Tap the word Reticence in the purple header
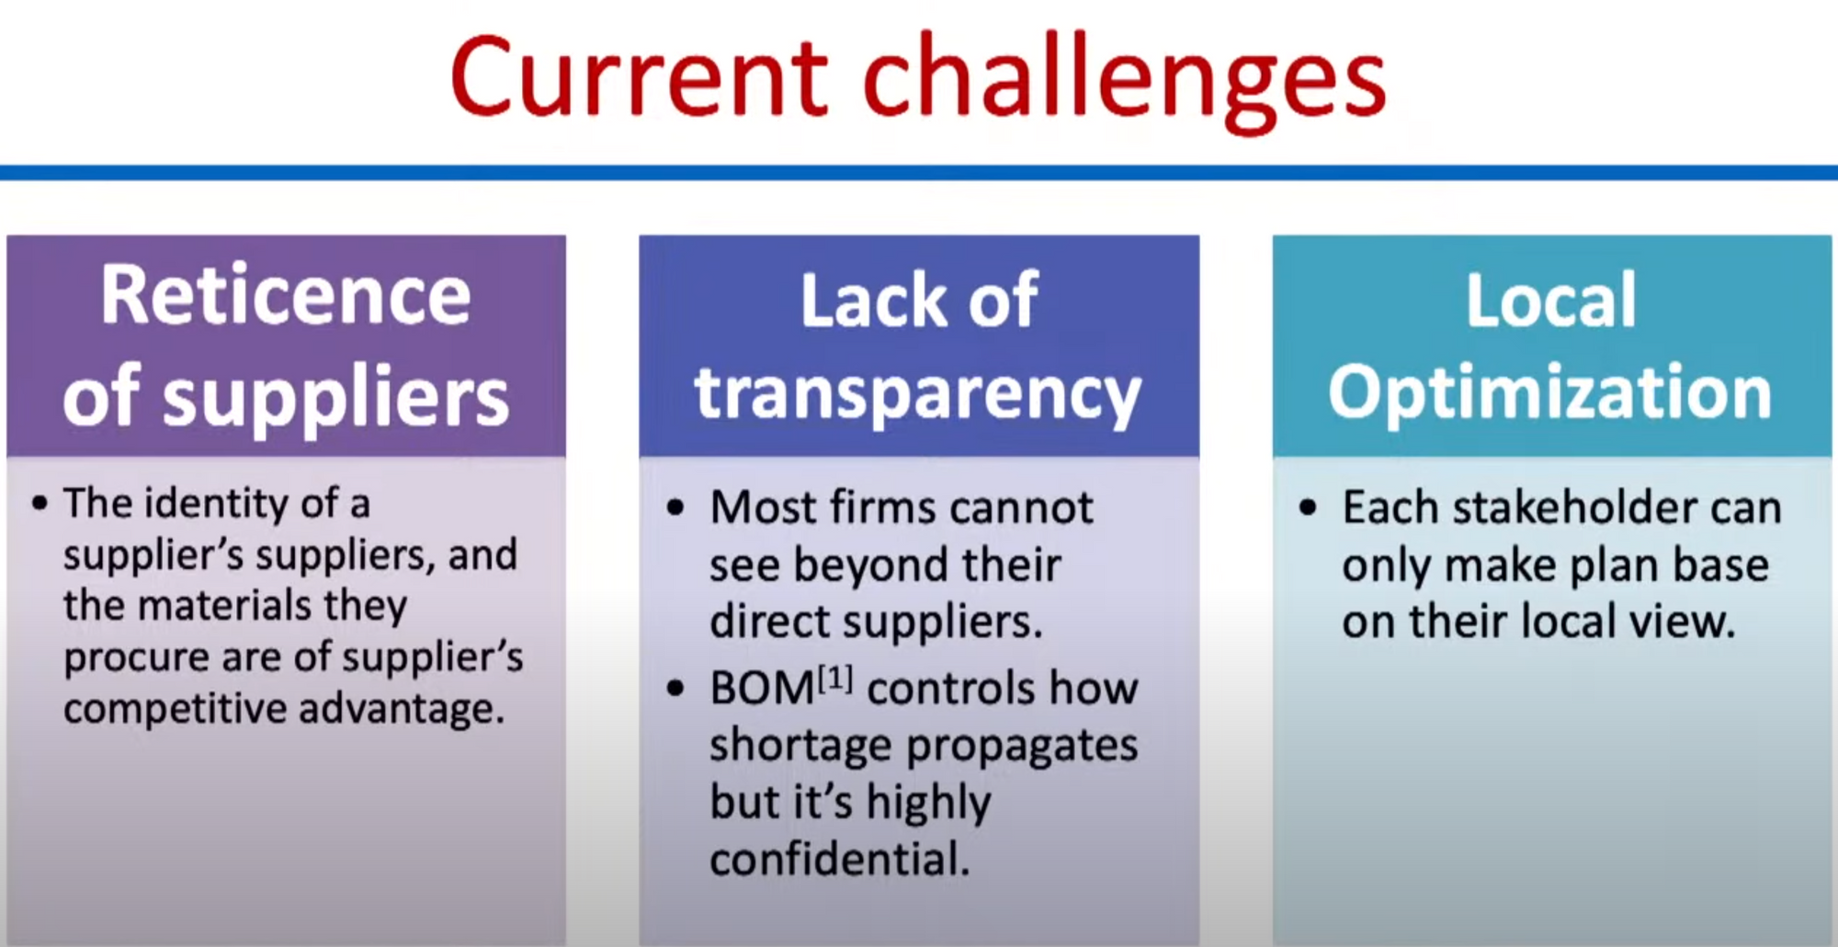(286, 295)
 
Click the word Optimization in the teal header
(1550, 393)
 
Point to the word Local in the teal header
(1551, 300)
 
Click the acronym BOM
(762, 689)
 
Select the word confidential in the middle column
(840, 860)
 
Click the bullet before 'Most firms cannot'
(676, 508)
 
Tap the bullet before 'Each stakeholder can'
(1309, 508)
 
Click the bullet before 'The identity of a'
(40, 504)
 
